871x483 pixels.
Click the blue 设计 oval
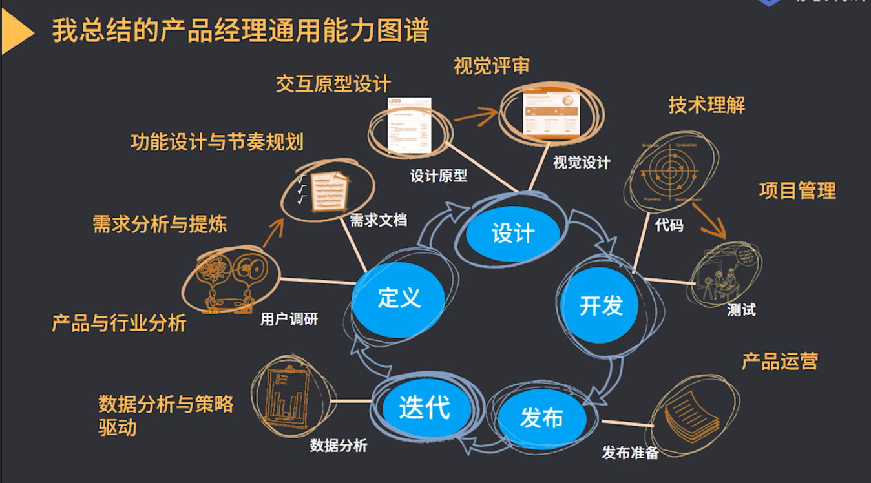pyautogui.click(x=513, y=233)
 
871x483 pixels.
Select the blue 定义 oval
pyautogui.click(x=399, y=298)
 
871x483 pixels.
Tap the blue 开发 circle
pyautogui.click(x=600, y=305)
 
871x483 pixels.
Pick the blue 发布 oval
pyautogui.click(x=541, y=418)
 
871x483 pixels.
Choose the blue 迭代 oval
pyautogui.click(x=425, y=407)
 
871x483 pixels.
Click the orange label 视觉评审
pyautogui.click(x=492, y=66)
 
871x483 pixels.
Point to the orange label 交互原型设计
pyautogui.click(x=333, y=84)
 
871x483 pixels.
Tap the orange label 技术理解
pyautogui.click(x=706, y=105)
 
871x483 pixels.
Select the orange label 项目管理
pyautogui.click(x=797, y=190)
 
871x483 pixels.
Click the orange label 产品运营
pyautogui.click(x=779, y=361)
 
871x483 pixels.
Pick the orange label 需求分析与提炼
pyautogui.click(x=160, y=224)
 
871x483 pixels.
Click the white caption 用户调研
pyautogui.click(x=289, y=319)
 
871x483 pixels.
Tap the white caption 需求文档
pyautogui.click(x=378, y=220)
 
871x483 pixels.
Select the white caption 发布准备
pyautogui.click(x=630, y=453)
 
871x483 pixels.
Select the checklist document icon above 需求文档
pyautogui.click(x=325, y=191)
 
